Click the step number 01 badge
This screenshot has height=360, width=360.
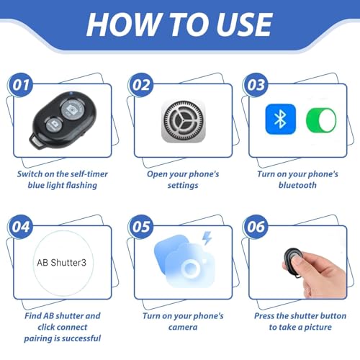[x=21, y=84]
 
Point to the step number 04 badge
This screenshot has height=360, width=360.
[x=21, y=226]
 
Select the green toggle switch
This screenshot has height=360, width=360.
[x=320, y=120]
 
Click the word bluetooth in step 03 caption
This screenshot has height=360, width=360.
[x=296, y=185]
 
